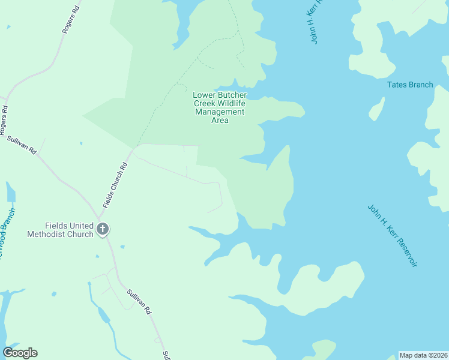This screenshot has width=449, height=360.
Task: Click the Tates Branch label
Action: click(410, 85)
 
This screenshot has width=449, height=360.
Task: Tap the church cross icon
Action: click(103, 229)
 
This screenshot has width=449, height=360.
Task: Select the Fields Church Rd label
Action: click(116, 185)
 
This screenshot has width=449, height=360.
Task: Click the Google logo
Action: click(20, 353)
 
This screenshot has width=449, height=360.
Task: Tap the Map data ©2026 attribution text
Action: click(423, 355)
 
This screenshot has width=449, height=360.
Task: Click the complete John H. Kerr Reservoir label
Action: click(392, 236)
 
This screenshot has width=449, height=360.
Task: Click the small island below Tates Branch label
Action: click(376, 109)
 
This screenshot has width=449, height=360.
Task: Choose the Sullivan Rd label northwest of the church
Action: click(22, 146)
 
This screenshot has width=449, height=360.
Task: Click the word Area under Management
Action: click(220, 120)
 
